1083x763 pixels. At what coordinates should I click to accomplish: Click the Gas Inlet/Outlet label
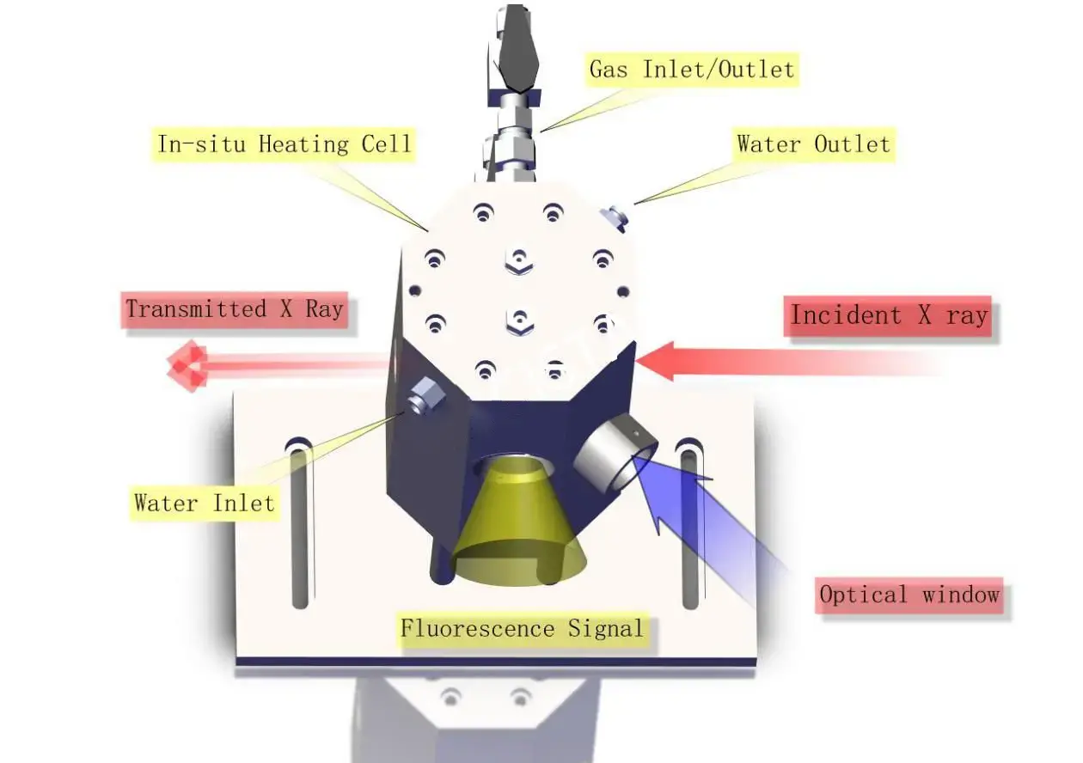tap(692, 69)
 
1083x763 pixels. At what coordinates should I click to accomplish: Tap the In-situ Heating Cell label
tap(285, 143)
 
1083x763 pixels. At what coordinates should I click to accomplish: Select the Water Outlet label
tap(812, 143)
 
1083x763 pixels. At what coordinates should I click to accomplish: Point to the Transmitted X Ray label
tap(235, 309)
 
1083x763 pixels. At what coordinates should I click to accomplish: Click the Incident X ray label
tap(889, 315)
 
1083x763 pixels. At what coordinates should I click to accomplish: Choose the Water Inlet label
tap(204, 502)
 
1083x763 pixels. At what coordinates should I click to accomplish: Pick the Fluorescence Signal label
tap(522, 628)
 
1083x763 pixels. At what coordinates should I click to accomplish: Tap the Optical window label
tap(909, 595)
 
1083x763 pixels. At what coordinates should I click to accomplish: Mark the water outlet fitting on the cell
tap(616, 218)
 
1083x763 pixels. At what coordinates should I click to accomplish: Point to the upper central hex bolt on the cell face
tap(518, 259)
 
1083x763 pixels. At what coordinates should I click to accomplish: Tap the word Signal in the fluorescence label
tap(605, 628)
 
